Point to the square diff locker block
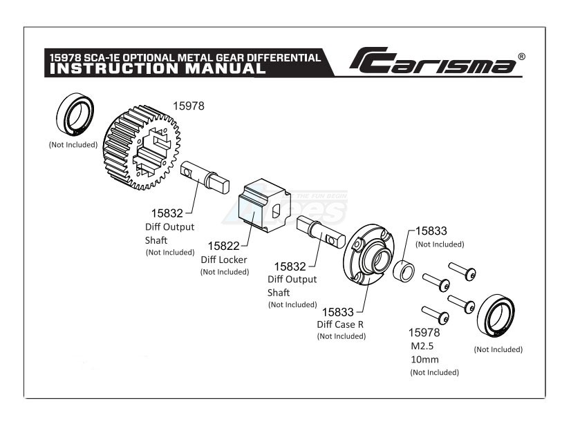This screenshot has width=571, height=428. point(262,205)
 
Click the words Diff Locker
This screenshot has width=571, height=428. point(223,260)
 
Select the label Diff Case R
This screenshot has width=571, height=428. point(341,324)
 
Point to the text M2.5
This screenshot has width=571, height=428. point(423,347)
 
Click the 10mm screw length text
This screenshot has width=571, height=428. point(424,360)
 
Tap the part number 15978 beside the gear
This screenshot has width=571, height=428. point(188,106)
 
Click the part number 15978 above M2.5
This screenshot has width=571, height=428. point(424,333)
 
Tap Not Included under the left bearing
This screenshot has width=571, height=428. point(73,145)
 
